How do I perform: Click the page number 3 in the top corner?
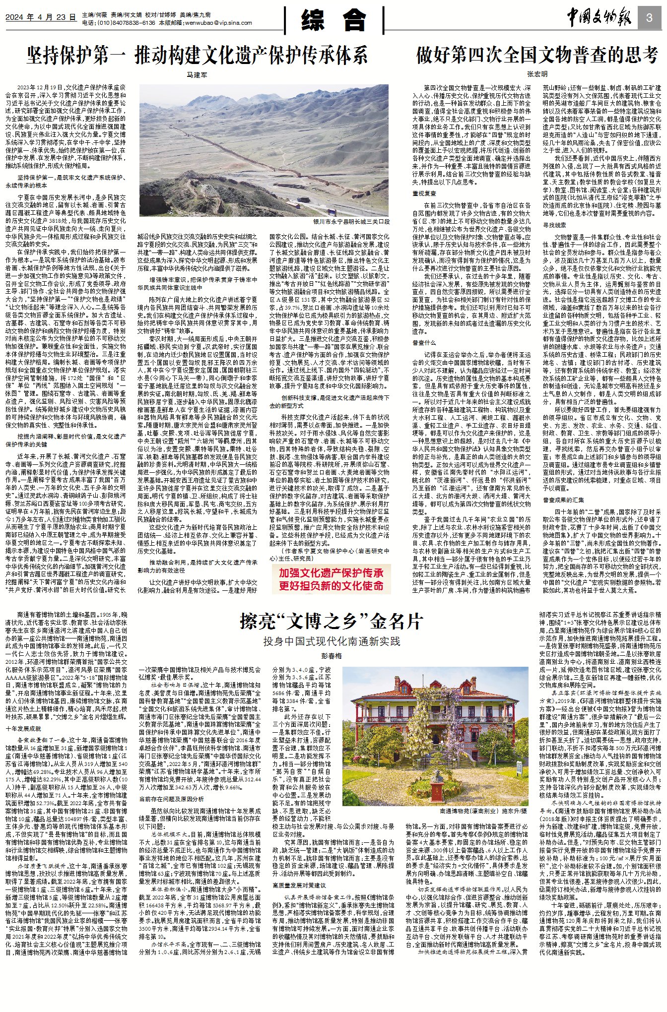click(649, 18)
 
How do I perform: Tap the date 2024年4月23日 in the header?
click(41, 17)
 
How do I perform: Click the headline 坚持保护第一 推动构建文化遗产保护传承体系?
click(197, 55)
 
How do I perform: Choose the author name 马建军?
click(197, 75)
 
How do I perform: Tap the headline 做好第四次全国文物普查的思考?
click(537, 55)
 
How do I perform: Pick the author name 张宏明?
click(537, 74)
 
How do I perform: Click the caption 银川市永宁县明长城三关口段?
click(351, 222)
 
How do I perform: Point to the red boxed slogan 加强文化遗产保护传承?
click(331, 573)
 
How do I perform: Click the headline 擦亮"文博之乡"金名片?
click(331, 621)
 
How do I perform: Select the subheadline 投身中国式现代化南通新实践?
click(331, 641)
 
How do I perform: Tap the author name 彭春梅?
click(332, 656)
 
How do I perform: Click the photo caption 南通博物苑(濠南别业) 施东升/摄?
click(483, 811)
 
